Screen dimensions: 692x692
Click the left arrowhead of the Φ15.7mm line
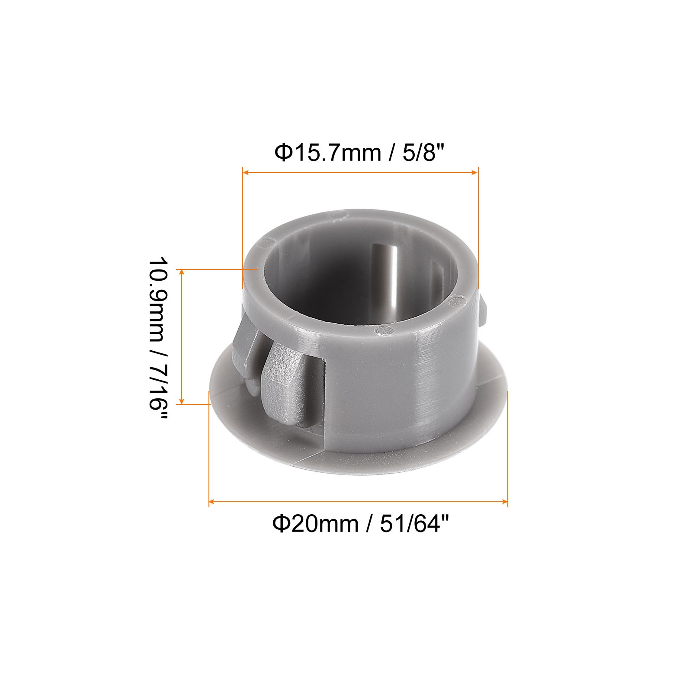[x=245, y=173]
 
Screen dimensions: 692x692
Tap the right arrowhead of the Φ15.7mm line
[x=475, y=173]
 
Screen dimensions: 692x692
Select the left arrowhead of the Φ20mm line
[x=212, y=502]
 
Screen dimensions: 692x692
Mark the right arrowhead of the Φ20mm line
[x=505, y=502]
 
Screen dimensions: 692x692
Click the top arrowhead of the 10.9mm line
[x=182, y=272]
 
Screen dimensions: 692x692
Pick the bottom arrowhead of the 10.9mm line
[x=182, y=401]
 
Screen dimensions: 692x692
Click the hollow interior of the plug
[x=342, y=277]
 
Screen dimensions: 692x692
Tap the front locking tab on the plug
[x=283, y=381]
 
